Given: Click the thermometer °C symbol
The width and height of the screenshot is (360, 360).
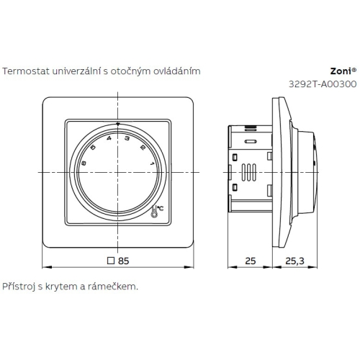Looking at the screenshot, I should click(x=158, y=209).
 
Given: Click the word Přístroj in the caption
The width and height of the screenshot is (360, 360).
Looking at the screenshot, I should click(x=18, y=287).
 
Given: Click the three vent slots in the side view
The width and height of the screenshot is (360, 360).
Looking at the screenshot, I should click(x=248, y=173).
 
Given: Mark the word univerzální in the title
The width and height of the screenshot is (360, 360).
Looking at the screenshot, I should click(x=75, y=71).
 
